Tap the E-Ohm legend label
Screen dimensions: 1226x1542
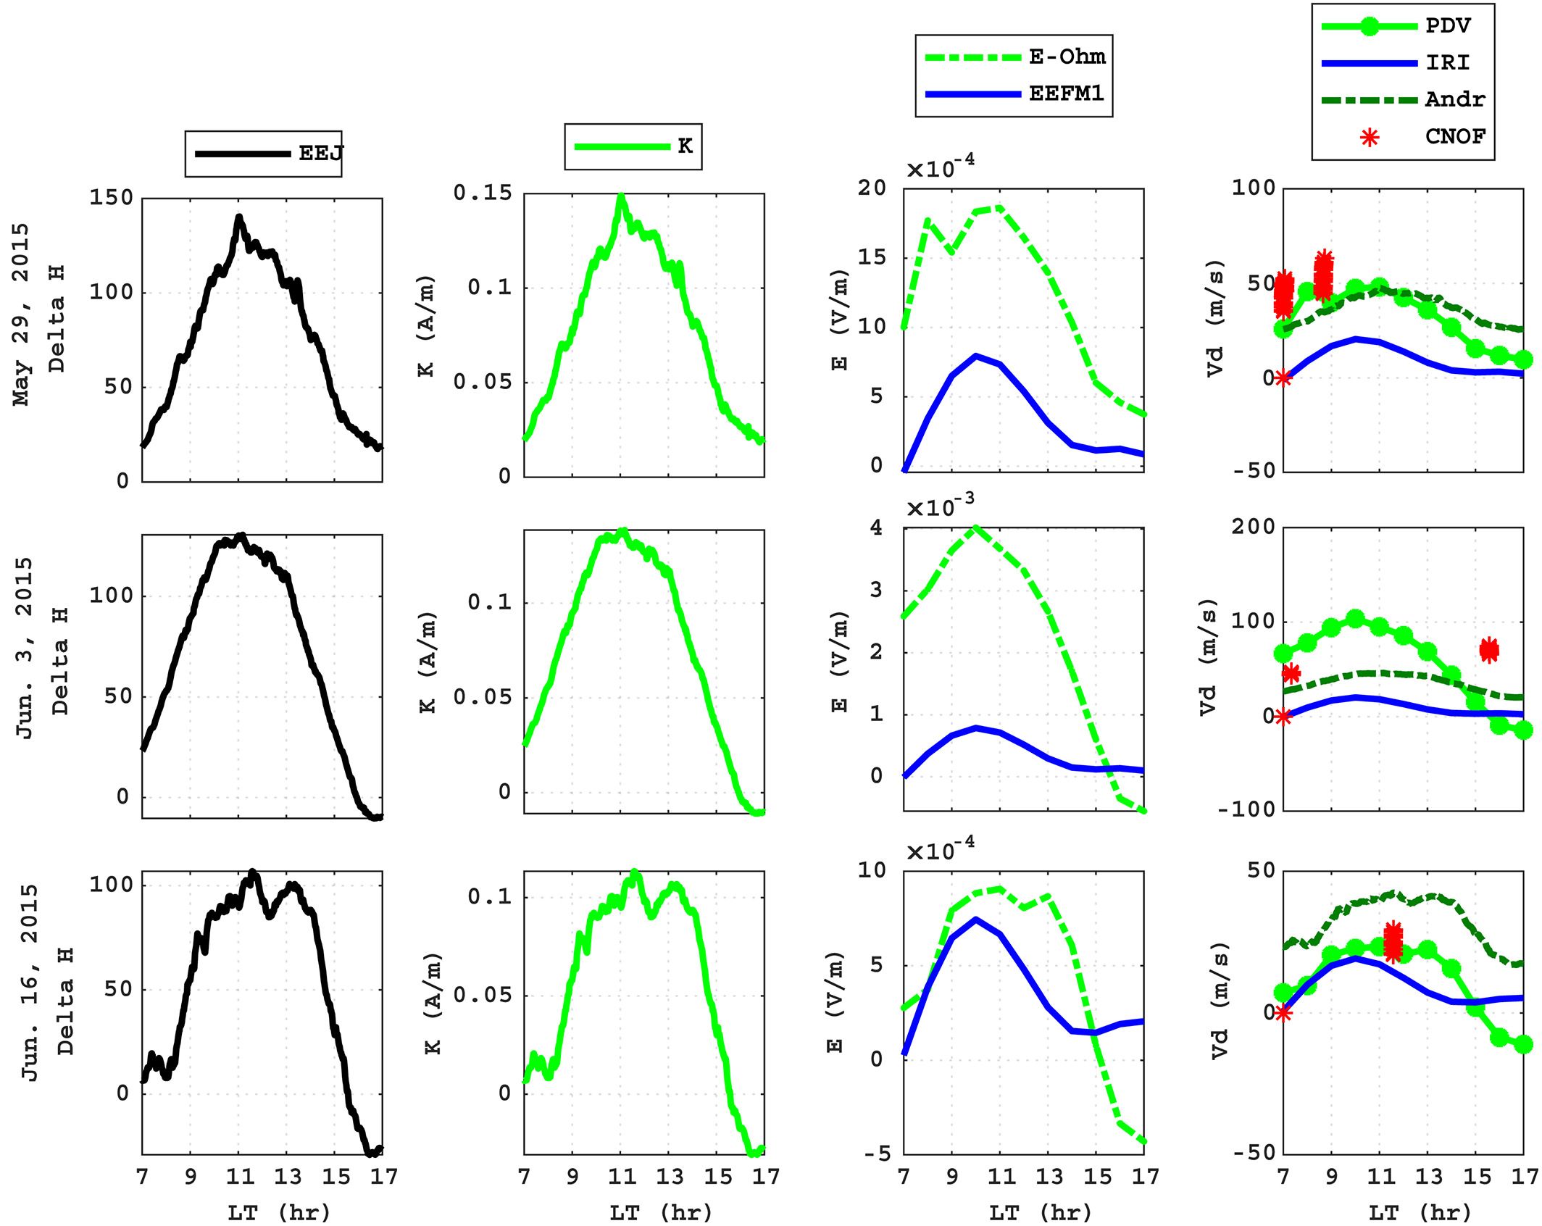pos(1067,57)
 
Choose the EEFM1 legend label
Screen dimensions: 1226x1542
pos(1066,93)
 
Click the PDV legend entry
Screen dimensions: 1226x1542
pos(1447,26)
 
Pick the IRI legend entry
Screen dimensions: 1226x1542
pos(1447,63)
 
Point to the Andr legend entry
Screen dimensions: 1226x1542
pos(1454,99)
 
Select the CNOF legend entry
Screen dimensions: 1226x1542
pos(1454,136)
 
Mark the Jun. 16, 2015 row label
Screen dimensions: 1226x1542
pos(29,983)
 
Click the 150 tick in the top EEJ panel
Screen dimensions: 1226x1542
pos(112,198)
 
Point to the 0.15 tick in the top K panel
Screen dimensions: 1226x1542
pos(483,193)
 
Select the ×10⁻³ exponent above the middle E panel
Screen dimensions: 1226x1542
pos(940,506)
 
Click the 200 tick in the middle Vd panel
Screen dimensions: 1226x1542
pos(1253,527)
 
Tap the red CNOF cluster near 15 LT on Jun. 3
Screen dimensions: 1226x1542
pos(1488,650)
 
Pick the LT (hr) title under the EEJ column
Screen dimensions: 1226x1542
pos(279,1212)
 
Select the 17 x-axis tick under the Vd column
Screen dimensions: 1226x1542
pos(1524,1176)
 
